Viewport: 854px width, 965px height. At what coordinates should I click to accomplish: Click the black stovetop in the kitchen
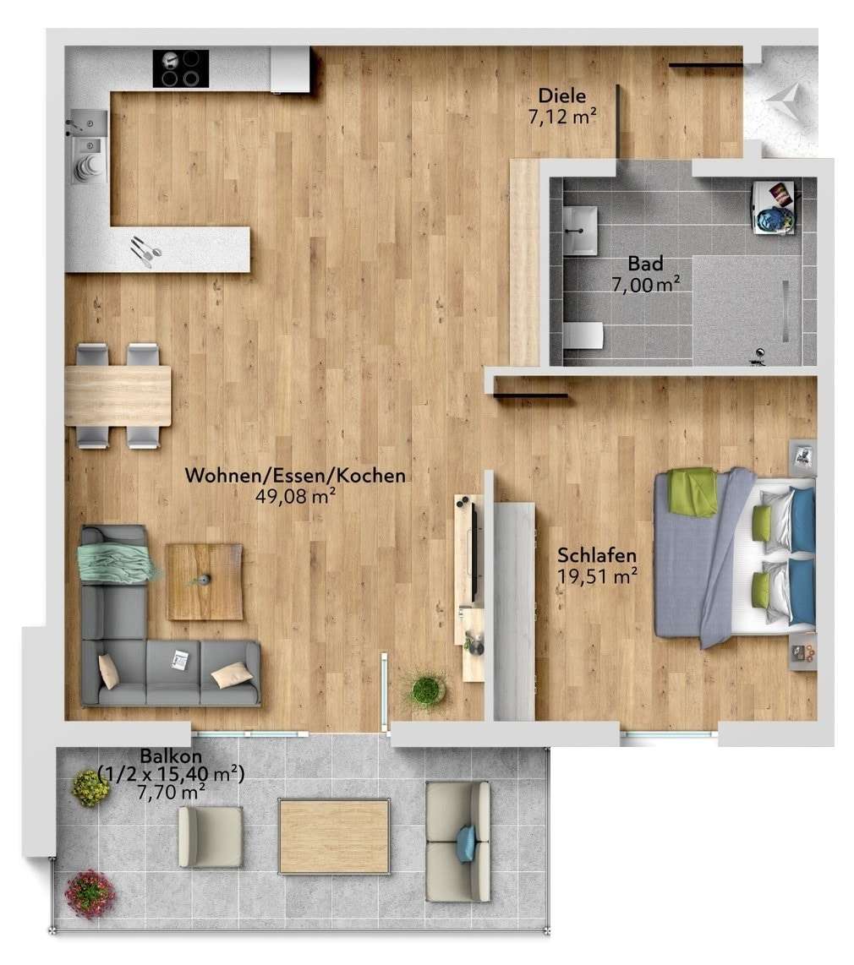[180, 68]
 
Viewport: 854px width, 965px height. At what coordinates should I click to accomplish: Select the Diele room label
[561, 95]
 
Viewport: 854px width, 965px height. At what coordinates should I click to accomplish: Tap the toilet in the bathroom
[583, 335]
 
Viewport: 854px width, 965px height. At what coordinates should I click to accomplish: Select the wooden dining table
[118, 395]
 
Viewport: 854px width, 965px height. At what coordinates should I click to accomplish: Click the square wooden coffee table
[204, 581]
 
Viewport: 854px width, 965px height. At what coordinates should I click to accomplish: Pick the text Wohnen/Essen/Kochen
[295, 476]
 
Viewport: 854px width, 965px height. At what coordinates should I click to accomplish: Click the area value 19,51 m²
[597, 575]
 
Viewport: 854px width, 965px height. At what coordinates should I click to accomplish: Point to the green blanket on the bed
[693, 492]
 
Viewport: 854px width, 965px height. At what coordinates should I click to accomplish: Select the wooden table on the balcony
[334, 836]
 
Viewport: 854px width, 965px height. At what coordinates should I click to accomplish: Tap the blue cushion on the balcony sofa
[466, 843]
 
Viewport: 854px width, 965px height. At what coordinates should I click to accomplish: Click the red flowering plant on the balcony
[90, 892]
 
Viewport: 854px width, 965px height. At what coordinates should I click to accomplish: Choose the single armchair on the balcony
[210, 836]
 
